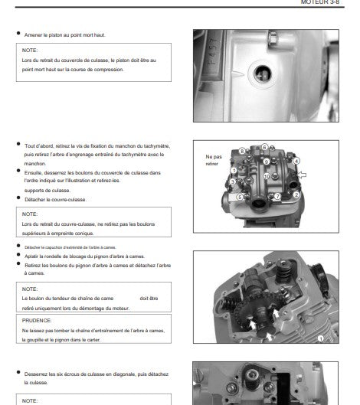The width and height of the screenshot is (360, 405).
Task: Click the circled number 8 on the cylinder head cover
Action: pyautogui.click(x=241, y=151)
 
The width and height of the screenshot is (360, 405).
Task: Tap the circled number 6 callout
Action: pyautogui.click(x=264, y=147)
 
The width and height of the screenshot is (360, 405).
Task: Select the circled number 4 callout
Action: pyautogui.click(x=296, y=161)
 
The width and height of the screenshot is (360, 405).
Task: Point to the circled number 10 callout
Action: pyautogui.click(x=267, y=176)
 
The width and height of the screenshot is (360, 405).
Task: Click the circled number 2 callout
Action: pyautogui.click(x=296, y=194)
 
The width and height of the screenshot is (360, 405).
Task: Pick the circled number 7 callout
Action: pyautogui.click(x=277, y=196)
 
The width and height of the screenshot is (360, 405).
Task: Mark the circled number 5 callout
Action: pyautogui.click(x=240, y=197)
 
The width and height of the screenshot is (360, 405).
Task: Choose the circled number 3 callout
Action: pyautogui.click(x=232, y=181)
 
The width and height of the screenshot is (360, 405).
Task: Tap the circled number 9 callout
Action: pyautogui.click(x=267, y=162)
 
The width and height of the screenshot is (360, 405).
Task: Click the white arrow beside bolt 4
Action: pyautogui.click(x=301, y=175)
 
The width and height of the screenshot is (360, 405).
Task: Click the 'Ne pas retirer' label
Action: pyautogui.click(x=214, y=160)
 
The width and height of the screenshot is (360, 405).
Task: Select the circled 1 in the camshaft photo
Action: pyautogui.click(x=320, y=338)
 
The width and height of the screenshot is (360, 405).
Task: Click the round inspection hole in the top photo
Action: pyautogui.click(x=263, y=73)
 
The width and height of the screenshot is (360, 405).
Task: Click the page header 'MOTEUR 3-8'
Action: pyautogui.click(x=320, y=2)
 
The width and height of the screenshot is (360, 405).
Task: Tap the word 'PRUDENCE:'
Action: pyautogui.click(x=37, y=321)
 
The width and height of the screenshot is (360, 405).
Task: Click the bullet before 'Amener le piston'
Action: pyautogui.click(x=18, y=33)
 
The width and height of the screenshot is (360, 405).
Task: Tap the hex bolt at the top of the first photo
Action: pyautogui.click(x=273, y=38)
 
